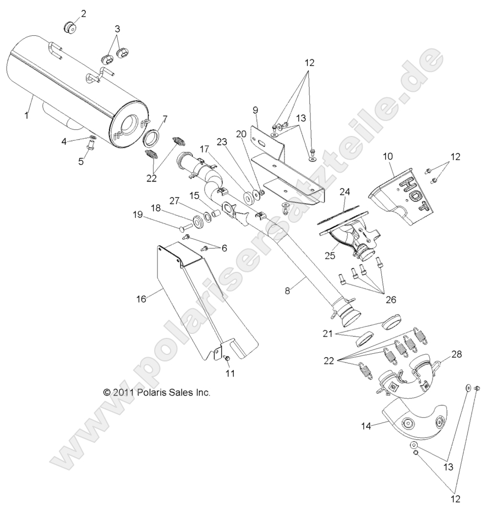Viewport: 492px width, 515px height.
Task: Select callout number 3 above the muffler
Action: click(x=117, y=29)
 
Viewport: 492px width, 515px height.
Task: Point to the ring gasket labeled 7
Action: click(x=154, y=136)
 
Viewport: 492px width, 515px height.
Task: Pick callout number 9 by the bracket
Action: click(x=255, y=111)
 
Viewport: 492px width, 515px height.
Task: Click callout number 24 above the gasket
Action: click(x=345, y=192)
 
